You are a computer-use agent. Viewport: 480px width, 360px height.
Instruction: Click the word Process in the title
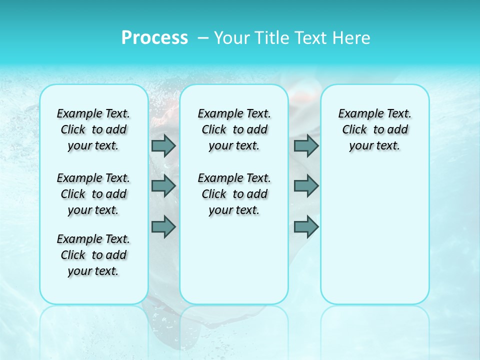tap(154, 37)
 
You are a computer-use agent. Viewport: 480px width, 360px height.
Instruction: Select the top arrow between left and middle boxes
tap(163, 145)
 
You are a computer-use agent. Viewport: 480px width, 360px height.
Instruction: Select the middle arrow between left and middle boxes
tap(163, 186)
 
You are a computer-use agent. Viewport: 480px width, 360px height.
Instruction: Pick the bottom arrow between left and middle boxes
tap(163, 227)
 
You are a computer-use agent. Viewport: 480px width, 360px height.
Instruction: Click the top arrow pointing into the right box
tap(306, 145)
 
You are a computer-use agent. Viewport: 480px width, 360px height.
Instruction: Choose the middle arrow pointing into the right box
tap(306, 186)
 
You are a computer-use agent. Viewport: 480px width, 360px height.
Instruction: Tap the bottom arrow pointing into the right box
tap(306, 227)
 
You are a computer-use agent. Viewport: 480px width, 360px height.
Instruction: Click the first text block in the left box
tap(93, 129)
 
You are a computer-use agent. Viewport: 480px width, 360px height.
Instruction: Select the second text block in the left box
tap(93, 194)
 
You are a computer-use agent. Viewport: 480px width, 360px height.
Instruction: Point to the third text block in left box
tap(93, 255)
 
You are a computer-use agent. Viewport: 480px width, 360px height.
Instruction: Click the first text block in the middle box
tap(234, 129)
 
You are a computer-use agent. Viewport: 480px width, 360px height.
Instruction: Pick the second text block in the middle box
tap(234, 194)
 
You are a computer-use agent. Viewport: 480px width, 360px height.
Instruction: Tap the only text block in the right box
tap(374, 129)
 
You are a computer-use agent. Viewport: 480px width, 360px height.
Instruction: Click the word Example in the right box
tap(357, 114)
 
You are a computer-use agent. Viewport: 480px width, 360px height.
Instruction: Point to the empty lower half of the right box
tap(374, 240)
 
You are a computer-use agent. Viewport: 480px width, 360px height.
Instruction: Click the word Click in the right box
tap(354, 130)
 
